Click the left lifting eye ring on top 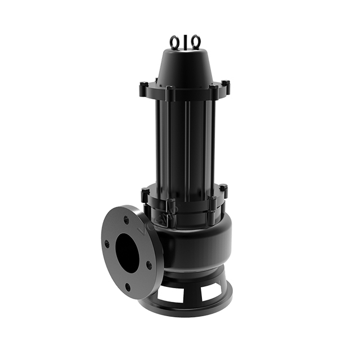click(175, 41)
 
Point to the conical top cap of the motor click(184, 67)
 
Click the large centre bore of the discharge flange click(129, 253)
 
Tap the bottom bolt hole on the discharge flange click(129, 287)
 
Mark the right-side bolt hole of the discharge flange click(149, 264)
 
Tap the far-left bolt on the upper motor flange click(143, 89)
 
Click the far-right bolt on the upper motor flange click(226, 86)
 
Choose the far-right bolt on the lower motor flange click(223, 190)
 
